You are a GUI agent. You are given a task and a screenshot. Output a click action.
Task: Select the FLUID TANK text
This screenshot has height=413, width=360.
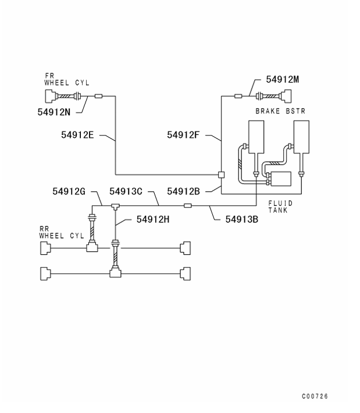coord(280,206)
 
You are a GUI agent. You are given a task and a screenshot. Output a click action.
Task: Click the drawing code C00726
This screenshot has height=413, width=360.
coord(315,396)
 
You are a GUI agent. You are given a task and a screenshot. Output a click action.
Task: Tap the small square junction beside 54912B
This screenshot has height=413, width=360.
coord(222,174)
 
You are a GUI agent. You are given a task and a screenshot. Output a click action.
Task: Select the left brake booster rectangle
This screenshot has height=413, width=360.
coord(255,136)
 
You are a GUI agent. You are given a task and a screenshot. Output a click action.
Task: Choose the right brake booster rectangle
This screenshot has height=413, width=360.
coord(301,136)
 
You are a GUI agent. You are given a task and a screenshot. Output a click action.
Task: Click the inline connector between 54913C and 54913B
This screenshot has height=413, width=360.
coord(187,205)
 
